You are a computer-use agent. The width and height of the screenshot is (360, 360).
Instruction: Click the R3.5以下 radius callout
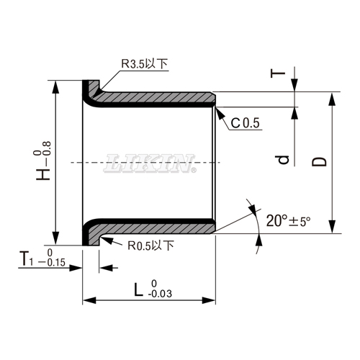[x=143, y=65]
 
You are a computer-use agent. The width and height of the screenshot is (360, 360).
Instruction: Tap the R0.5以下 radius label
[x=150, y=246]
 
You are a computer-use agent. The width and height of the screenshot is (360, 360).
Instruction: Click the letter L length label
[x=138, y=289]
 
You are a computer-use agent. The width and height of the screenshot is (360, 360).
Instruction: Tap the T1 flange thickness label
[x=26, y=258]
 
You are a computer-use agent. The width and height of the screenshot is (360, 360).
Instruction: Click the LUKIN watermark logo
[x=150, y=163]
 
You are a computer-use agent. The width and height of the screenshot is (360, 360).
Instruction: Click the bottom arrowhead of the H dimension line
[x=56, y=241]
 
